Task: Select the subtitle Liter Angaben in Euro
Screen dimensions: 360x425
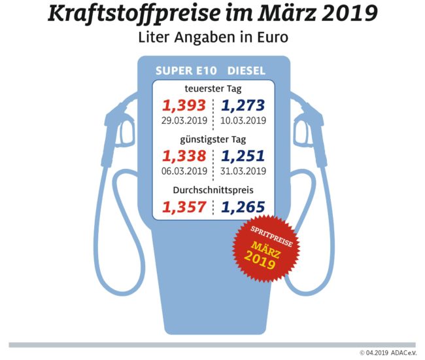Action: [x=213, y=37]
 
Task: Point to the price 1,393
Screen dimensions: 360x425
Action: [x=184, y=105]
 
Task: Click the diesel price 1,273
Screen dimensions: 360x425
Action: [x=243, y=105]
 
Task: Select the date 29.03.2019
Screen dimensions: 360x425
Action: [x=184, y=120]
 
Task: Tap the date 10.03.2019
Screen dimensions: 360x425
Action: [x=243, y=120]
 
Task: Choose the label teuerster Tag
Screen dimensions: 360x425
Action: [x=213, y=88]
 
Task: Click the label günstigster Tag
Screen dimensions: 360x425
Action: [x=213, y=139]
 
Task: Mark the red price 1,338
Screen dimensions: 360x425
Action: [x=184, y=156]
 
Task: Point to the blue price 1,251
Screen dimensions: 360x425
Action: [x=243, y=156]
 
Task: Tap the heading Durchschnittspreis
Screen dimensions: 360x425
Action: [x=213, y=191]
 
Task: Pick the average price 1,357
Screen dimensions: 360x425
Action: [x=184, y=208]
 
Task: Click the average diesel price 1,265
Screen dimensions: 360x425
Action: [x=243, y=208]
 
